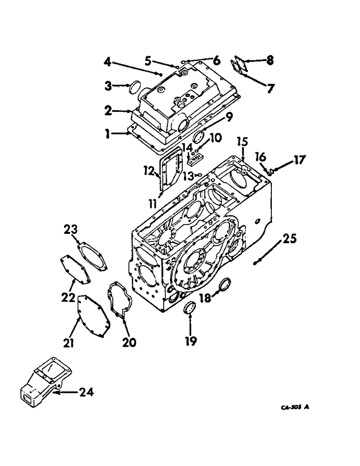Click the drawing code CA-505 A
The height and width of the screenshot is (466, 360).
tap(295, 407)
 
